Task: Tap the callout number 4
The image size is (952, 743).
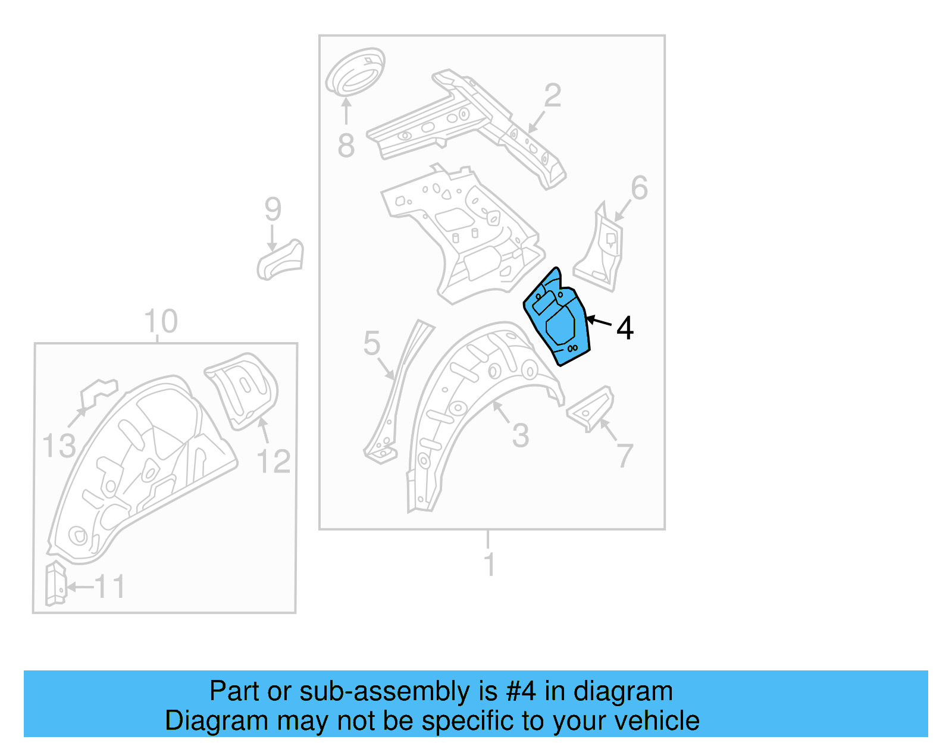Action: tap(625, 328)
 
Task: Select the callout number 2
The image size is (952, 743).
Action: tap(553, 96)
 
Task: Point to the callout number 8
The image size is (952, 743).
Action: tap(346, 146)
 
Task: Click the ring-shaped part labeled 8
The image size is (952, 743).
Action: tap(355, 72)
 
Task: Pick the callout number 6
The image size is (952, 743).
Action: tap(639, 188)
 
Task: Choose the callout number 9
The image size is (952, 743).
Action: tap(273, 209)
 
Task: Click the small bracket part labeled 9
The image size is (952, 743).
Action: tap(281, 260)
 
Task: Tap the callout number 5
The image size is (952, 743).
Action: tap(372, 343)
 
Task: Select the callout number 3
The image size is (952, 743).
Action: tap(521, 436)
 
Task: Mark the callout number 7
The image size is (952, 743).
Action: tap(625, 456)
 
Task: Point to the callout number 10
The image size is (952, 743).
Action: tap(161, 321)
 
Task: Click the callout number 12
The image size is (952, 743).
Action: tap(274, 462)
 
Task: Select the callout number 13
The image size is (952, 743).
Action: tap(59, 446)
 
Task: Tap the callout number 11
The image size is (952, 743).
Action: tap(110, 587)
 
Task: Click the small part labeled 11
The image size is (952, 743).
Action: tap(55, 583)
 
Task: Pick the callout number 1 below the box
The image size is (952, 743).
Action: tap(489, 564)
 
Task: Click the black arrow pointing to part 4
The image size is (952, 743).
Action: tap(599, 322)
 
